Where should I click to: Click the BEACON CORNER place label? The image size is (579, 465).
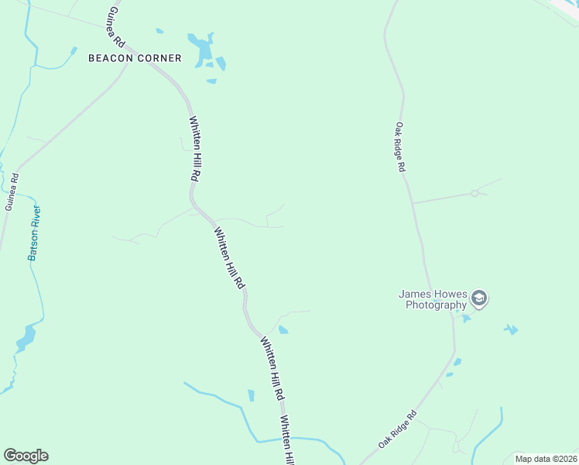coord(135,58)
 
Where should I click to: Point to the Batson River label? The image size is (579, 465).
coord(35,232)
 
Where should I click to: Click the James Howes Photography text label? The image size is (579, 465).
coord(433,299)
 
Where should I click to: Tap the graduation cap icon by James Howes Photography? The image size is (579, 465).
coord(479,299)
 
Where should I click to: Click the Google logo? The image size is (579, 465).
coord(26,456)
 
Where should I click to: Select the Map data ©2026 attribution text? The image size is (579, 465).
coord(546,459)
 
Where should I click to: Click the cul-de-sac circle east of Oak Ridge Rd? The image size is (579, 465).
coord(475,194)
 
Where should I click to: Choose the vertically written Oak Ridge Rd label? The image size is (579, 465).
coord(400,146)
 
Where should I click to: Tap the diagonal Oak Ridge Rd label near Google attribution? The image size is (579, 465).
coord(397,429)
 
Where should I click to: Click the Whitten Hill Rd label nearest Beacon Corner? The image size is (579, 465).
coord(195,149)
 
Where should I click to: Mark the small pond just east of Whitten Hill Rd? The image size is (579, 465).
coord(283,330)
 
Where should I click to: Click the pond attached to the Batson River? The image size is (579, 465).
coord(26,338)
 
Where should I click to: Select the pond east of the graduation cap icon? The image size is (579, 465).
coord(511,329)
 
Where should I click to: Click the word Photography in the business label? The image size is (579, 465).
coord(437,305)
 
